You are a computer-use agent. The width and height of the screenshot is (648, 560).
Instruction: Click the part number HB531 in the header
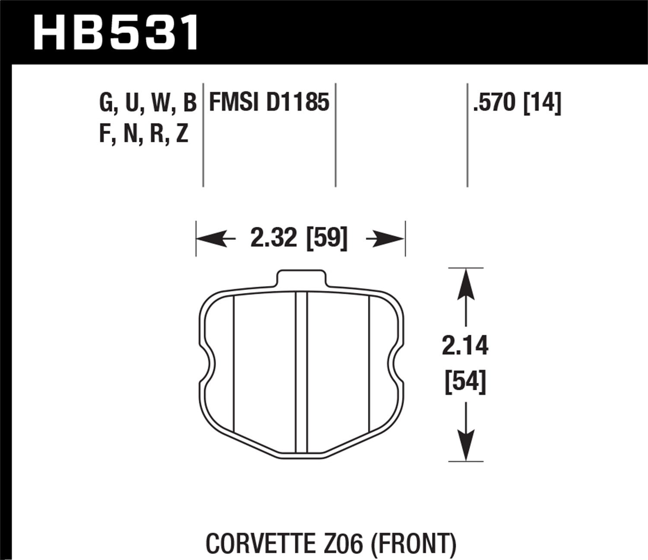click(x=116, y=33)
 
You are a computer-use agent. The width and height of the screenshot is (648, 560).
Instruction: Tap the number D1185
click(x=298, y=103)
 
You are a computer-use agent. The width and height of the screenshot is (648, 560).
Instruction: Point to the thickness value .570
click(x=495, y=103)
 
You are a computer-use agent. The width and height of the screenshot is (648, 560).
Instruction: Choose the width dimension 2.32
click(x=273, y=238)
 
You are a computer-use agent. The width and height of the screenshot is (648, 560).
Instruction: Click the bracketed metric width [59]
click(x=327, y=238)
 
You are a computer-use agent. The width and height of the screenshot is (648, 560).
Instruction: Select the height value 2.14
click(x=465, y=346)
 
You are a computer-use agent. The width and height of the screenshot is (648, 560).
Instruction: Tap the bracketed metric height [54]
click(x=465, y=382)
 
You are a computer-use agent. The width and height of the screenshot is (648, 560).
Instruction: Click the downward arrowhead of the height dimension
click(x=465, y=445)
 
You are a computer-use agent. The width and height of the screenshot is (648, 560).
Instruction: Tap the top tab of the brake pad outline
click(x=300, y=277)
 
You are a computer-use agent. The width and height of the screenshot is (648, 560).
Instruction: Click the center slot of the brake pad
click(x=301, y=372)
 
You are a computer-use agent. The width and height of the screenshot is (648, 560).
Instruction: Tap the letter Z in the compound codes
click(x=182, y=134)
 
